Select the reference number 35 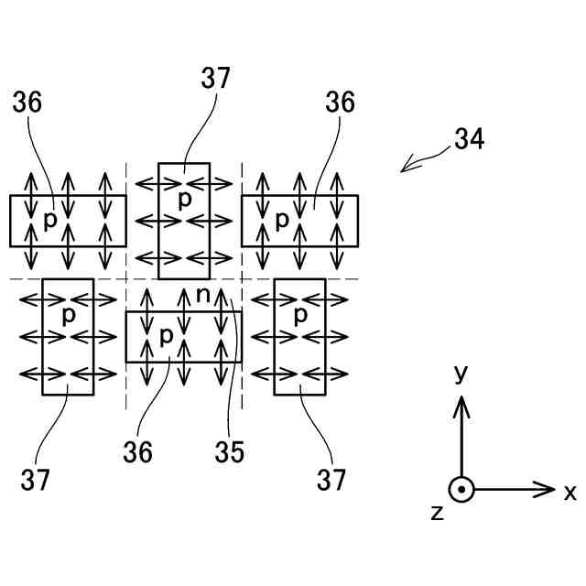230,451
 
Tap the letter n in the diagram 203,295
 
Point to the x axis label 570,493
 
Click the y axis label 461,373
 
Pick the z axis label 438,513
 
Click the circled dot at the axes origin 462,489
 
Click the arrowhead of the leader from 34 404,169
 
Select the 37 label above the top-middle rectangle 216,80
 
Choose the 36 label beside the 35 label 139,451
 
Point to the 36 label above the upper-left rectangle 27,103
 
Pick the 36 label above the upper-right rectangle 340,103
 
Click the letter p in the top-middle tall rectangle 184,200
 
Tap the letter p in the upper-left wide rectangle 50,220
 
